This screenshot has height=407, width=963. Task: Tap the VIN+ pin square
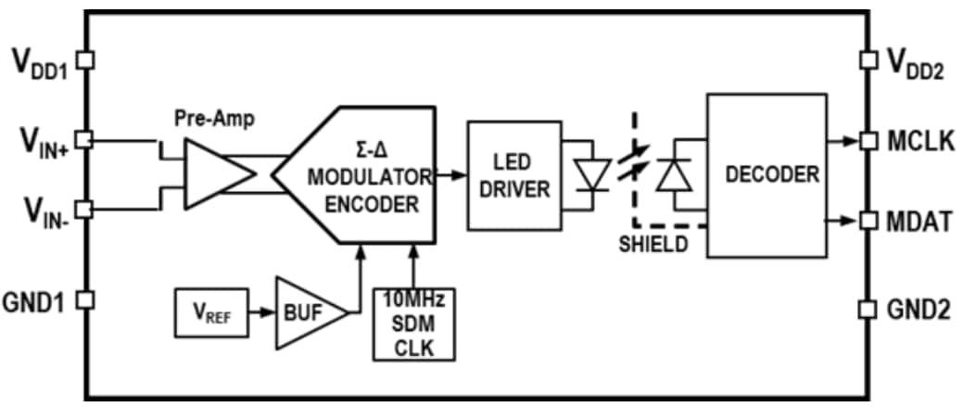click(x=84, y=139)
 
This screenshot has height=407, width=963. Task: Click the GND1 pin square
click(x=84, y=300)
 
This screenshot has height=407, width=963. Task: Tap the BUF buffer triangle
click(x=306, y=313)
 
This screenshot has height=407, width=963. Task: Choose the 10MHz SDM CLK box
click(x=414, y=324)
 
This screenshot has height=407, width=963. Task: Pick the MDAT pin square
click(x=868, y=221)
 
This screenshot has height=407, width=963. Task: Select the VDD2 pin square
click(x=868, y=60)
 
